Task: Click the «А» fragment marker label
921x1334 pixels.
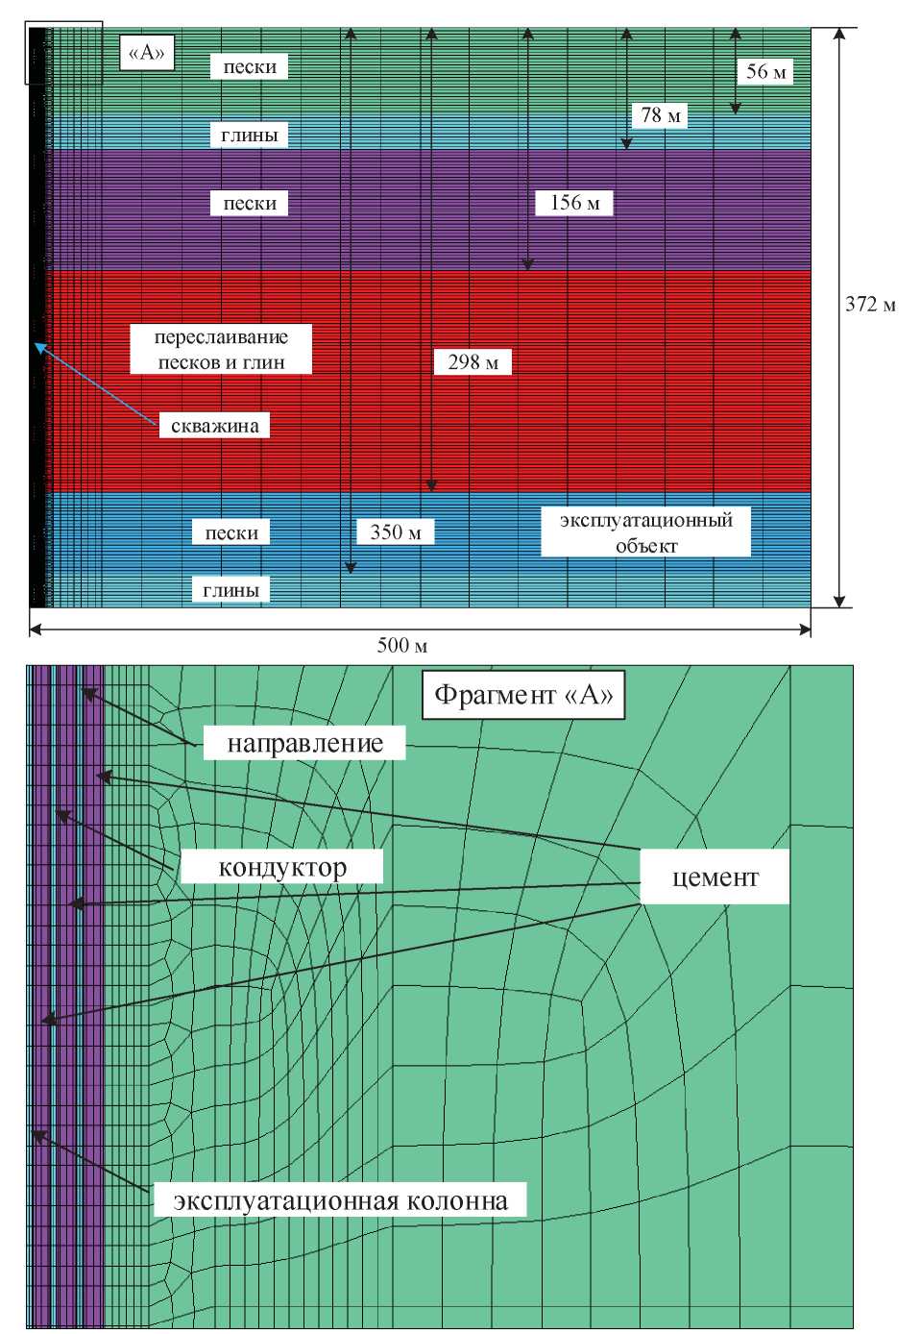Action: [147, 53]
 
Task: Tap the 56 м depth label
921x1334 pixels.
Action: [765, 71]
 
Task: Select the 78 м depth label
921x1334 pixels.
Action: [661, 115]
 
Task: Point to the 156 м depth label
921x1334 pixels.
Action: [574, 203]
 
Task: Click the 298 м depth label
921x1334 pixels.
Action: [473, 362]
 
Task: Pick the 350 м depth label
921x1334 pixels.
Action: [395, 532]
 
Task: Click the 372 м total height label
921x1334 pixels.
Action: [869, 305]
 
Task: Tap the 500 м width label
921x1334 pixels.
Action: [401, 645]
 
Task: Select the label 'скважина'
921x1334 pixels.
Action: [214, 426]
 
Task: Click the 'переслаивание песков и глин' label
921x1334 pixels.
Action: [221, 350]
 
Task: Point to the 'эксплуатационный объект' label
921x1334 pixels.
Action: [645, 532]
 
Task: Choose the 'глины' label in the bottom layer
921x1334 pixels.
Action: [230, 590]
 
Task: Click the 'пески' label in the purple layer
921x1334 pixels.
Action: [250, 204]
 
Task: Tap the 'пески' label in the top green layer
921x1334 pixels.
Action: [250, 67]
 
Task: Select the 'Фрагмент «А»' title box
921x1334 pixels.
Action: [523, 695]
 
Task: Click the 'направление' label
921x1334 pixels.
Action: [304, 743]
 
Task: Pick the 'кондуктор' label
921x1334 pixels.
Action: [282, 868]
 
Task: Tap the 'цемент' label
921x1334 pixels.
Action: [715, 877]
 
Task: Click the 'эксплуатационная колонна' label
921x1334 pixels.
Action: [340, 1200]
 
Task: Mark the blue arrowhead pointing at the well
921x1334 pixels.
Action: [39, 346]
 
